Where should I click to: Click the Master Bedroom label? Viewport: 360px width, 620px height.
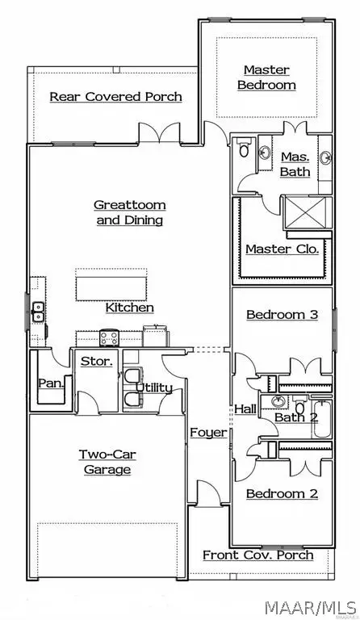coord(270,77)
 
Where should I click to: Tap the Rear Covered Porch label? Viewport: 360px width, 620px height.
coord(115,97)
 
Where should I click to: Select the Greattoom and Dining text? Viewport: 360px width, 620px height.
coord(129,212)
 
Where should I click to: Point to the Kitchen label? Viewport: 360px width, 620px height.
coord(129,308)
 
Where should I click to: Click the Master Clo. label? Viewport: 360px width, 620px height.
coord(282,249)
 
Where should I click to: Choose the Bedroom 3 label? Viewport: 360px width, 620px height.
coord(282,314)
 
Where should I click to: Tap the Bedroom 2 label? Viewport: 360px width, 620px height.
coord(282,493)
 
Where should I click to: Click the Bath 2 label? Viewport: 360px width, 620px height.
coord(295,417)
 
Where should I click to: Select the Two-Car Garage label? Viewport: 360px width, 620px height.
coord(107,462)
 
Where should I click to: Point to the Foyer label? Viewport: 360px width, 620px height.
coord(208,433)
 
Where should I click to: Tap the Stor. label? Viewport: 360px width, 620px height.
coord(96,361)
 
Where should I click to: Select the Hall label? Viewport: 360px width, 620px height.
coord(245,409)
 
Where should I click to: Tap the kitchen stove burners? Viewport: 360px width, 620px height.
coord(109,337)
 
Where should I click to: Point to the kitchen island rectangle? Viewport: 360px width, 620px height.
coord(111,283)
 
